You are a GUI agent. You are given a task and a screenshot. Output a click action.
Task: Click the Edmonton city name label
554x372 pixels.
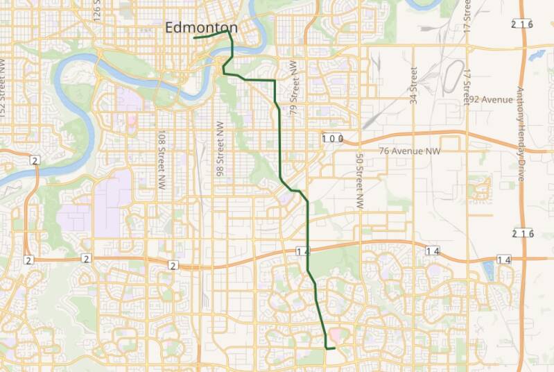(x=201, y=28)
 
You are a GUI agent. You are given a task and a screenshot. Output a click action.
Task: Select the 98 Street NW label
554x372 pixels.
(x=220, y=150)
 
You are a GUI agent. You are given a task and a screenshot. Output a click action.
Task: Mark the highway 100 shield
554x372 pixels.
(x=333, y=139)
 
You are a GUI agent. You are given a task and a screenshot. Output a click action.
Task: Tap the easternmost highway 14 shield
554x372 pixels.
(x=503, y=260)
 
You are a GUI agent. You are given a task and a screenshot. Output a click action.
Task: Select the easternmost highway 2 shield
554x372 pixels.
(x=173, y=265)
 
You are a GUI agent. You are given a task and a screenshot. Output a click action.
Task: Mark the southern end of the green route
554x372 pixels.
(x=334, y=348)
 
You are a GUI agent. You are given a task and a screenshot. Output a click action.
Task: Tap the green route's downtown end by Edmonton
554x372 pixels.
(x=195, y=37)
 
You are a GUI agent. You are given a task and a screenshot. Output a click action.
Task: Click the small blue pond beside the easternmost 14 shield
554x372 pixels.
(x=489, y=267)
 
